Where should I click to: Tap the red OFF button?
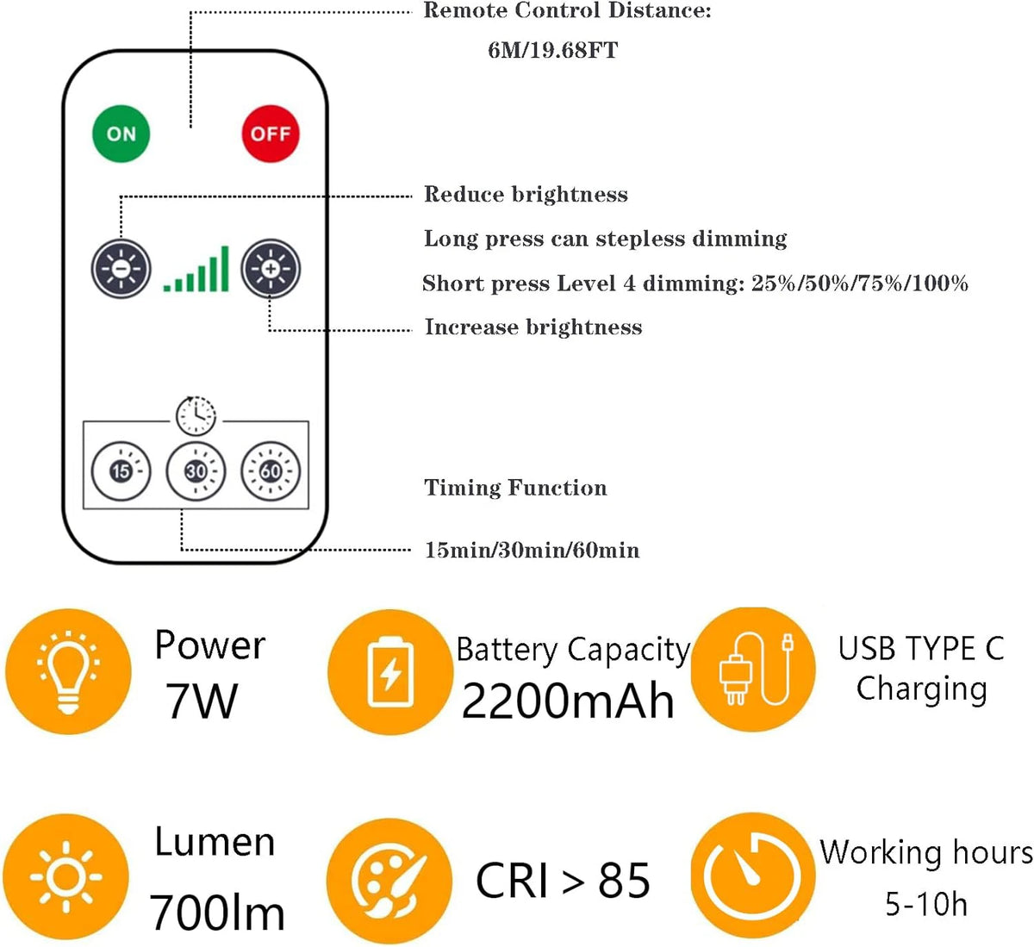[271, 134]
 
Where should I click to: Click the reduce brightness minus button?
[121, 269]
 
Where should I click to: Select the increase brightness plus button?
[271, 269]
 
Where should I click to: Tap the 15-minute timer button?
[121, 471]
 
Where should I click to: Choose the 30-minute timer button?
[196, 471]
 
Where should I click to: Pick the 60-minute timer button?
[271, 471]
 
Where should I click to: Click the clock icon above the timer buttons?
[196, 415]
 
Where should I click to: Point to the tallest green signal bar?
[225, 269]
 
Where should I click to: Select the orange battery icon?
[390, 672]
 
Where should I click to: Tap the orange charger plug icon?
[753, 670]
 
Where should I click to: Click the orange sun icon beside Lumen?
[65, 877]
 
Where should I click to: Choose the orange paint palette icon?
[389, 882]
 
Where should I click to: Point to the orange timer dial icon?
[753, 875]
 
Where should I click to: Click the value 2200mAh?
[568, 701]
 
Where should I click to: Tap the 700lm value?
[216, 912]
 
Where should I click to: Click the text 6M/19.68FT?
[552, 51]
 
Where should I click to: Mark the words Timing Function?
[515, 488]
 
